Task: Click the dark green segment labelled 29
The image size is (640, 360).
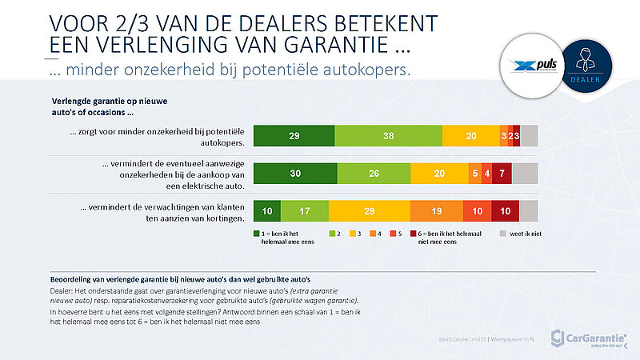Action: click(294, 137)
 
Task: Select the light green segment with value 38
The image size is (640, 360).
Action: click(387, 137)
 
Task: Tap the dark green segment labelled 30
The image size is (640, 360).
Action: click(295, 174)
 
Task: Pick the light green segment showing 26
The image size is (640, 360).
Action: click(374, 174)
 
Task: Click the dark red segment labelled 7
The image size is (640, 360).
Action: click(502, 174)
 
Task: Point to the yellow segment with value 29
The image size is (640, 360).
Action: click(369, 210)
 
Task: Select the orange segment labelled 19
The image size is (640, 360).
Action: click(436, 210)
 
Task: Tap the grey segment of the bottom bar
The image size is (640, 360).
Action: click(529, 210)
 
